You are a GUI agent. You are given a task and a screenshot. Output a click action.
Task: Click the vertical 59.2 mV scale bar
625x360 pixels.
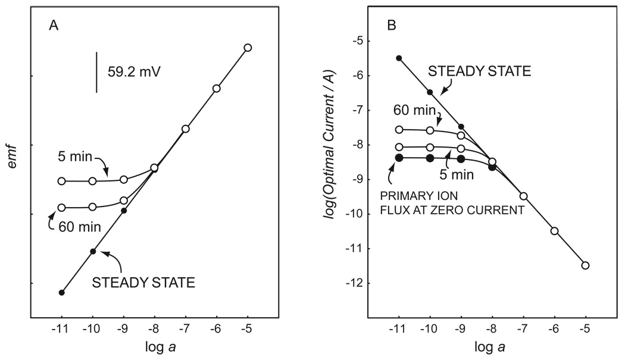coord(96,72)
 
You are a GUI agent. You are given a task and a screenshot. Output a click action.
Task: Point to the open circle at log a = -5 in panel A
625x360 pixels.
coord(248,48)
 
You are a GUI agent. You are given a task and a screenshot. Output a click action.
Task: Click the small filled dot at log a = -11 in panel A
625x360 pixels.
coord(61,292)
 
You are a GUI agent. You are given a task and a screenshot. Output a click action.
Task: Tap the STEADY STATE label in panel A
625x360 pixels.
coord(144,283)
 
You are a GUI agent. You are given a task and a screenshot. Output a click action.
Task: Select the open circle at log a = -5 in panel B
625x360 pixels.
coord(585,265)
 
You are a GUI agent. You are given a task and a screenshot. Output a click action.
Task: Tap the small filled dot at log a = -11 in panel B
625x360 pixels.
coord(399,58)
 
